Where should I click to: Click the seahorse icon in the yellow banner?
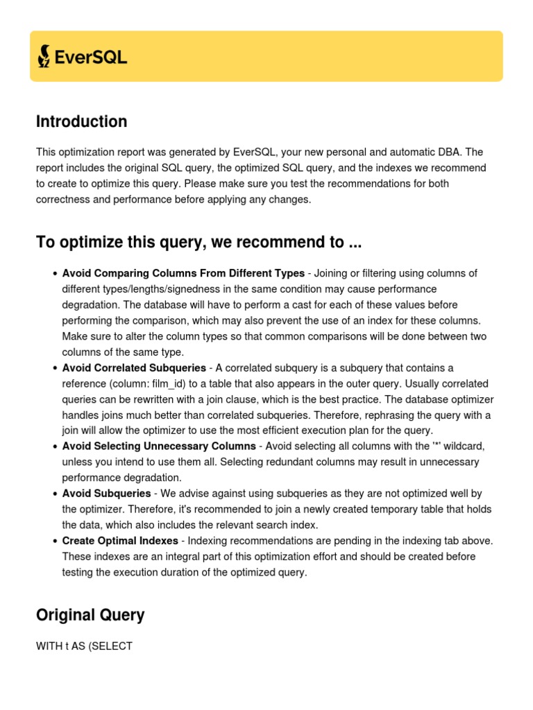[x=44, y=56]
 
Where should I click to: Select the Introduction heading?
[x=81, y=122]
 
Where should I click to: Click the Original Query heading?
[x=90, y=615]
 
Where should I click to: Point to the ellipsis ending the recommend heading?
[x=355, y=243]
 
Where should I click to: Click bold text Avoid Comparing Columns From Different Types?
[x=183, y=273]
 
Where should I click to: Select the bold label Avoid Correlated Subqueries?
[x=134, y=368]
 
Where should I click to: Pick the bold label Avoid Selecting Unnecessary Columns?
[x=159, y=446]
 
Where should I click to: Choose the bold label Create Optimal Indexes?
[x=121, y=540]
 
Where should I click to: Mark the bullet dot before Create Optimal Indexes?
[x=54, y=541]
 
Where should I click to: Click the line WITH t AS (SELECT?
[x=84, y=646]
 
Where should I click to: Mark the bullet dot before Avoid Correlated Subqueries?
[x=54, y=368]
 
